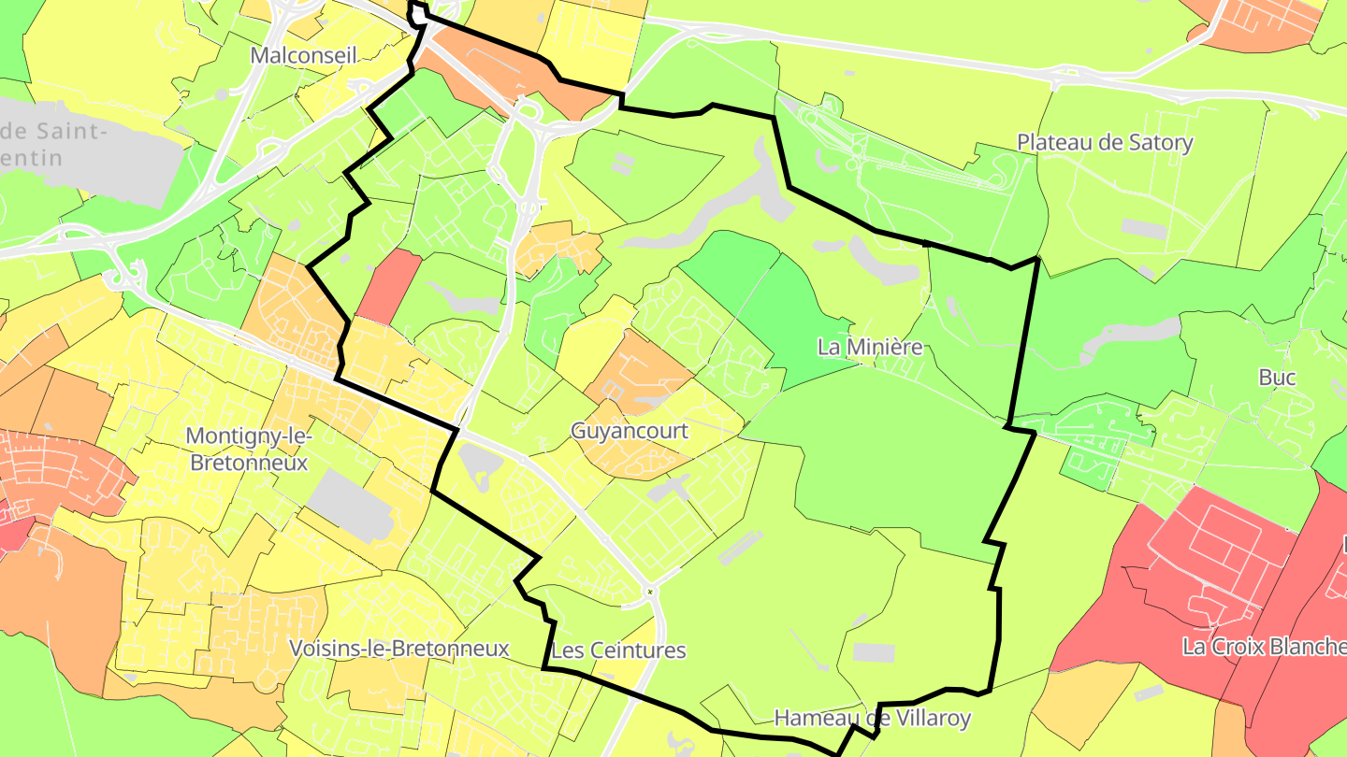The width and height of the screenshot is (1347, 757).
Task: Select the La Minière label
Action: [x=870, y=348]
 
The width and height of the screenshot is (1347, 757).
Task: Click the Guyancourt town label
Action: [x=629, y=432]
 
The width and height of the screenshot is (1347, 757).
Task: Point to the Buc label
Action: [x=1277, y=378]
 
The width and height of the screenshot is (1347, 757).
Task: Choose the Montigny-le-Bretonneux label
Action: [x=248, y=449]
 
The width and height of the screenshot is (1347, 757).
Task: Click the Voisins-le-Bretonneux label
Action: [x=398, y=649]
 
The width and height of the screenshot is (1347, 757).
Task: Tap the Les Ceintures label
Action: [x=618, y=650]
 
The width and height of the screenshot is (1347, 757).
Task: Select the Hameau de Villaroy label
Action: [x=872, y=719]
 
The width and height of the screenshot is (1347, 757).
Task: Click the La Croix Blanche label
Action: [x=1263, y=647]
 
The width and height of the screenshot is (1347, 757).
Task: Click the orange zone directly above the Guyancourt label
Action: [x=636, y=369]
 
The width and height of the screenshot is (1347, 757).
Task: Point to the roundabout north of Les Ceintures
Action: [x=650, y=592]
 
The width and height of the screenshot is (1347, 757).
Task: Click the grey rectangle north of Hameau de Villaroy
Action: [x=874, y=652]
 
